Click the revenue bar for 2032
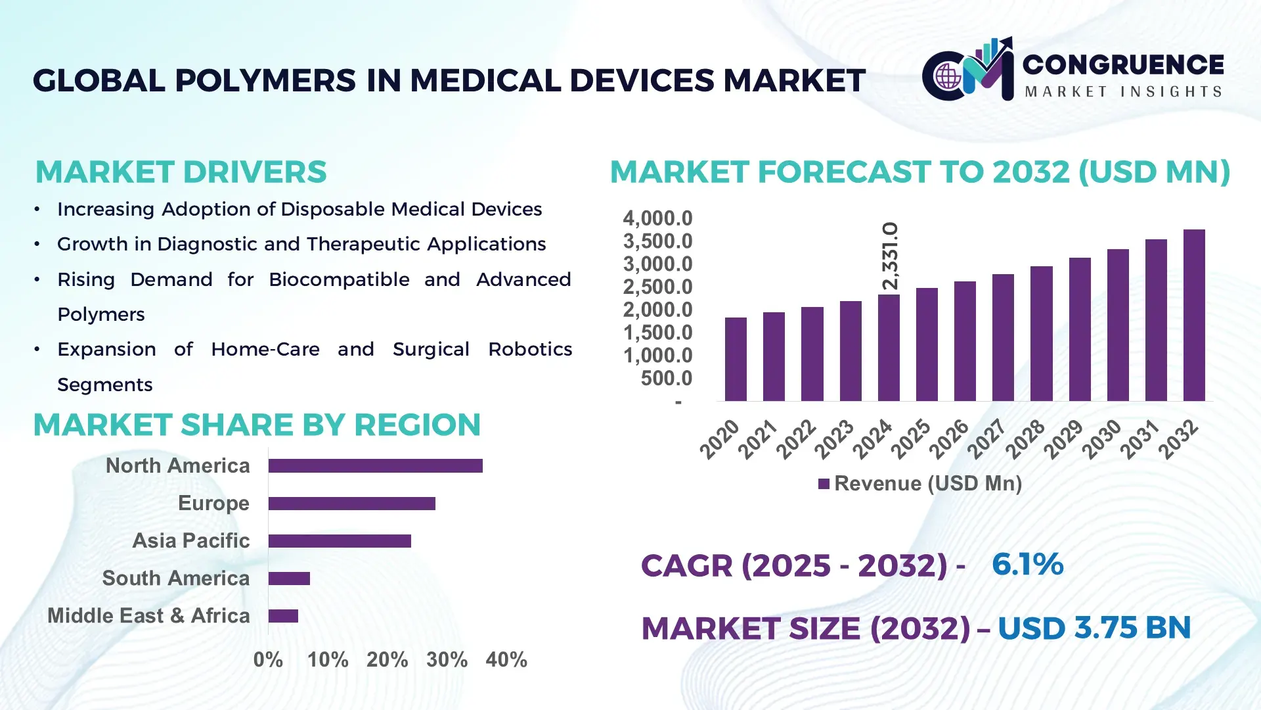[1194, 316]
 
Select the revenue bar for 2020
[736, 360]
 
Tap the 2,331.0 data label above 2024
[890, 256]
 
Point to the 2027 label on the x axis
[986, 438]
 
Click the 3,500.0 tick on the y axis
[657, 241]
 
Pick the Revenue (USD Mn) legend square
[824, 484]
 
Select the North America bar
[375, 466]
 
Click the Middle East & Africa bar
[283, 616]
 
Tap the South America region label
[176, 578]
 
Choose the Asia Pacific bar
[340, 541]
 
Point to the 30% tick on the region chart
[447, 659]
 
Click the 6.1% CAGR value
[1027, 564]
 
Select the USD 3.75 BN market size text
[1094, 628]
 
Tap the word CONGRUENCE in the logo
[1123, 64]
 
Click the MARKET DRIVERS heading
[181, 172]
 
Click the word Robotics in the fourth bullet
[530, 349]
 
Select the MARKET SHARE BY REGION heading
[257, 425]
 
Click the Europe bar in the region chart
[351, 504]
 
